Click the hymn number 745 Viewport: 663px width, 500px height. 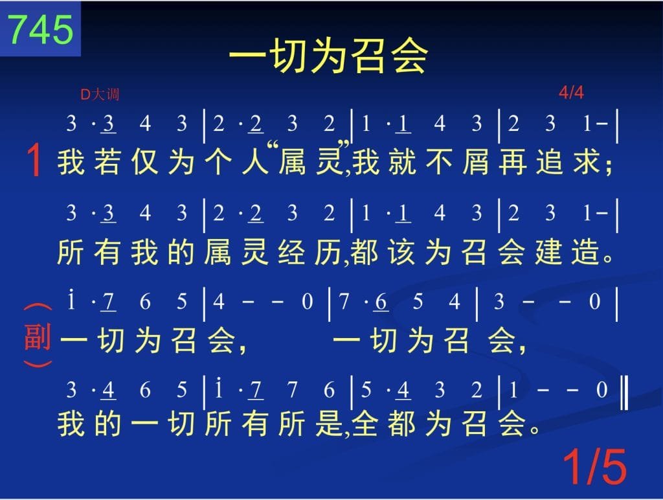tap(41, 29)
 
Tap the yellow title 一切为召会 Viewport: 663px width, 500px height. tap(328, 56)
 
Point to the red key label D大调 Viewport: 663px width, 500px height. tap(100, 94)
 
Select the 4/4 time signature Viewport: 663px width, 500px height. tap(571, 92)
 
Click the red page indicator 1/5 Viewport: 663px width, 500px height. tap(594, 466)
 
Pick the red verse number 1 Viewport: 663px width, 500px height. tap(34, 160)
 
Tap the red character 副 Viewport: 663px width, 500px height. tap(38, 337)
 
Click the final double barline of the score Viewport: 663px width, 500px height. tap(624, 392)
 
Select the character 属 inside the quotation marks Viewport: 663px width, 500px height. tap(292, 162)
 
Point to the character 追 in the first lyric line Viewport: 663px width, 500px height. tap(550, 162)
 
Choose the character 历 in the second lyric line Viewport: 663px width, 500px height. tap(328, 252)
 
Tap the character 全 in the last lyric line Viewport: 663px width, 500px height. tap(365, 424)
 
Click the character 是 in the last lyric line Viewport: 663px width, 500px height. tap(328, 424)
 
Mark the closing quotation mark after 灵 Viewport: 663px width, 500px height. tap(345, 145)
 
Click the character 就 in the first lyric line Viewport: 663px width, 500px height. tap(402, 162)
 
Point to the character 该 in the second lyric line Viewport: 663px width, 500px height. tap(401, 252)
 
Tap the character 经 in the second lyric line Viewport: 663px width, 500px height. tap(292, 252)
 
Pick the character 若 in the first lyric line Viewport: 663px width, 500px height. tap(107, 162)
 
